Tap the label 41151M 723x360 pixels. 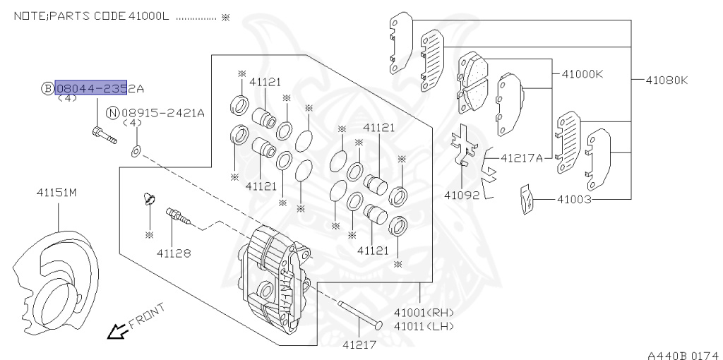coord(56,192)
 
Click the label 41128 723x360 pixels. coord(173,252)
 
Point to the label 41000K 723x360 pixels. coord(582,73)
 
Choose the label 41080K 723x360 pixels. coord(666,80)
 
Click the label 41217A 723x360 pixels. coord(522,157)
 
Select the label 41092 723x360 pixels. coord(462,194)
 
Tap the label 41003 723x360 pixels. coord(574,200)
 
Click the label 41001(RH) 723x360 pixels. coord(424,312)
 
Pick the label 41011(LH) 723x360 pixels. coord(424,325)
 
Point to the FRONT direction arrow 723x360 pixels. coord(114,331)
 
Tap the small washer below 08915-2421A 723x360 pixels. coord(136,150)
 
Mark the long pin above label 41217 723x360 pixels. coord(360,314)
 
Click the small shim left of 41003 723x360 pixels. coord(525,199)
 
